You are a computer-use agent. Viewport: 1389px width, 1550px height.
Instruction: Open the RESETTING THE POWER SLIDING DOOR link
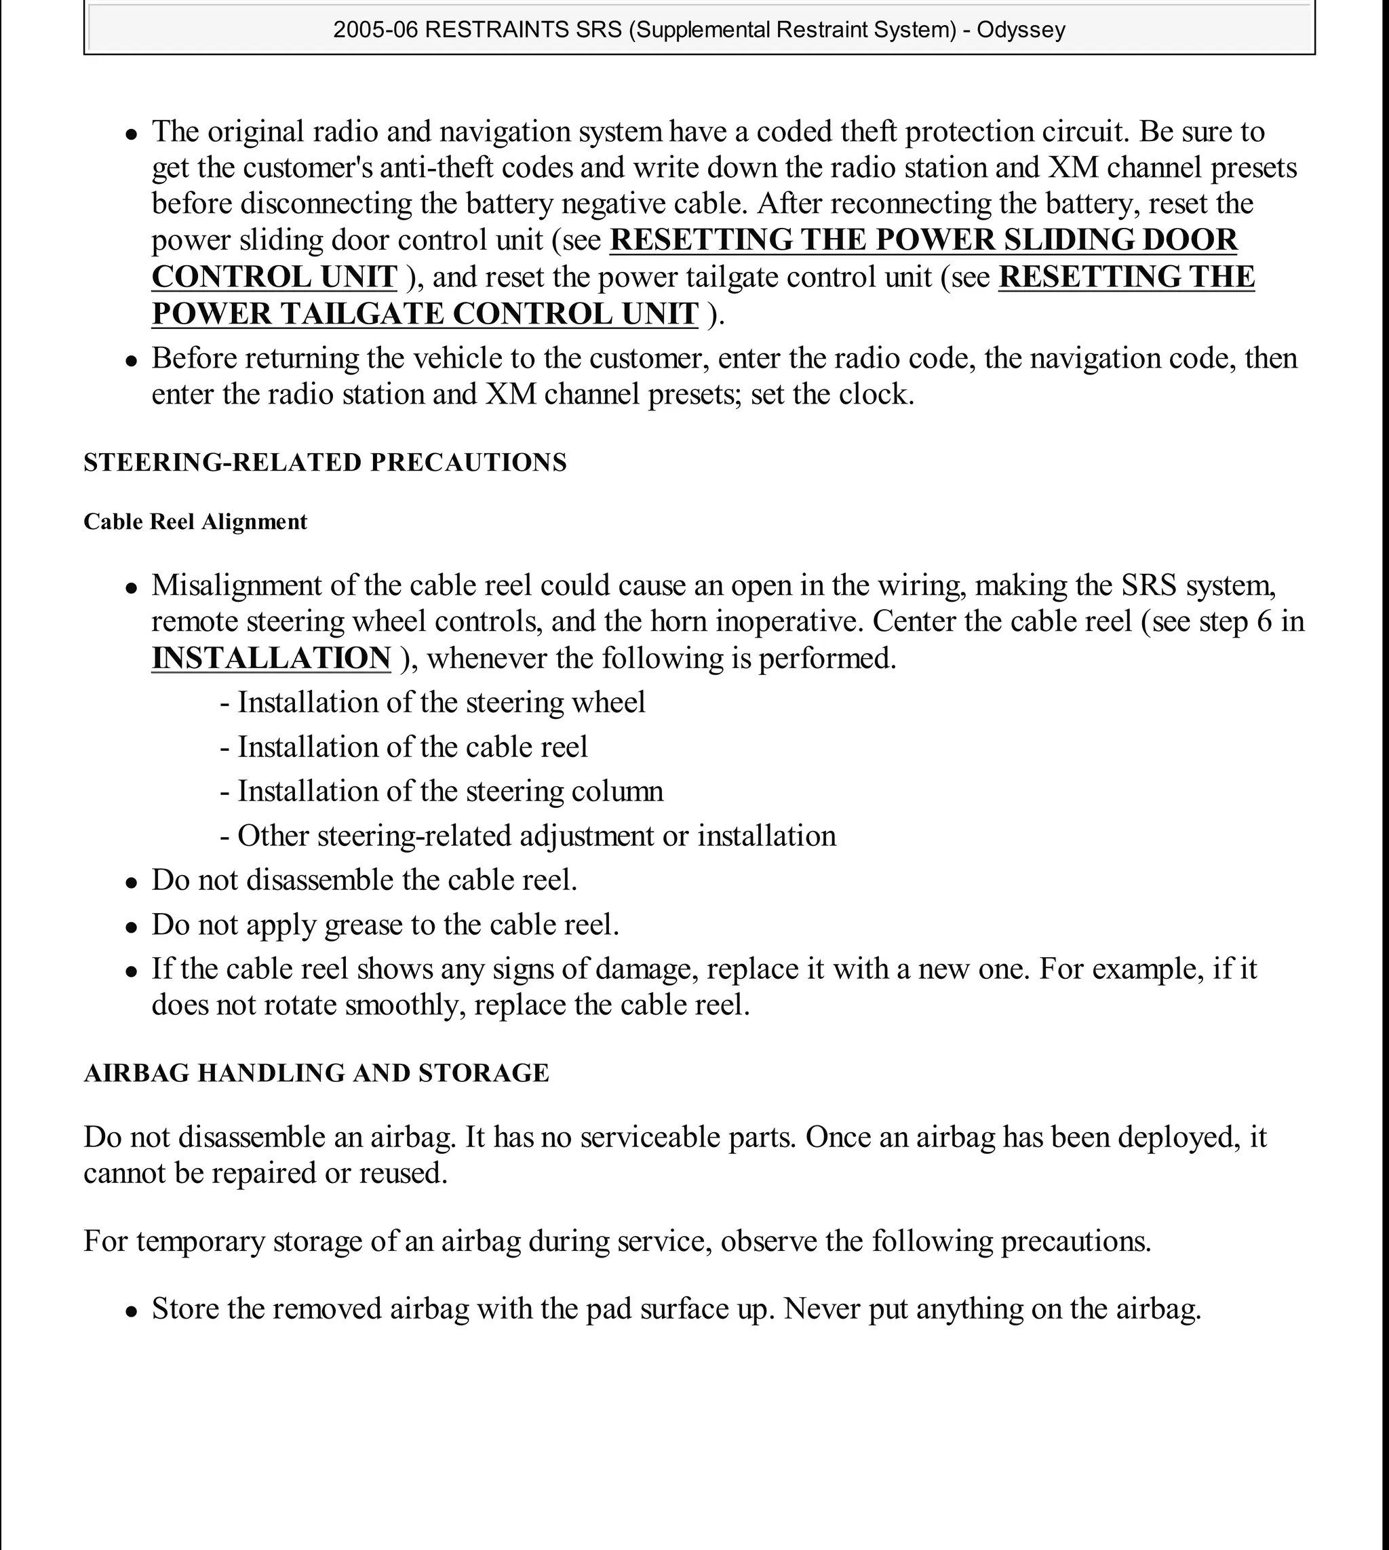tap(924, 240)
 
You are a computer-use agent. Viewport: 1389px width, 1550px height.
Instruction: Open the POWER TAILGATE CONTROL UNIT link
tap(425, 313)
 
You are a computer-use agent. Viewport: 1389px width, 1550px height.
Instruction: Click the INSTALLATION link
tap(271, 658)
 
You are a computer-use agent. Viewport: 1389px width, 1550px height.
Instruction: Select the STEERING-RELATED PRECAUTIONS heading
tap(325, 463)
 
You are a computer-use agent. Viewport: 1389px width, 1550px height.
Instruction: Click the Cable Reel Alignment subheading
tap(195, 522)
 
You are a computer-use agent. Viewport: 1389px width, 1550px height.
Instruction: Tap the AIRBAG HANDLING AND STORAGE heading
tap(316, 1073)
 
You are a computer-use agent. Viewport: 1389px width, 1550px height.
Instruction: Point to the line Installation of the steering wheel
tap(440, 702)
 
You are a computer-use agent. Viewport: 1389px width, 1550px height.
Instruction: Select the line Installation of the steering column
tap(450, 791)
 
